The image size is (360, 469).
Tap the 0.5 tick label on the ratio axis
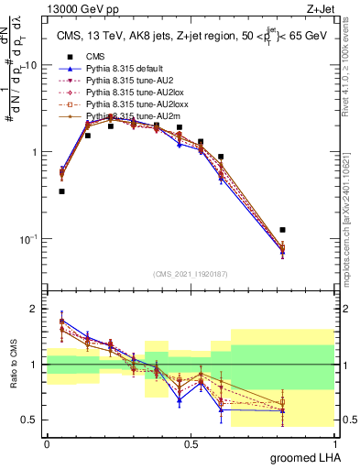[30, 420]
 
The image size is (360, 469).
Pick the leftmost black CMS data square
[61, 191]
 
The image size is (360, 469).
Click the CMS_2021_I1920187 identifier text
[191, 274]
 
